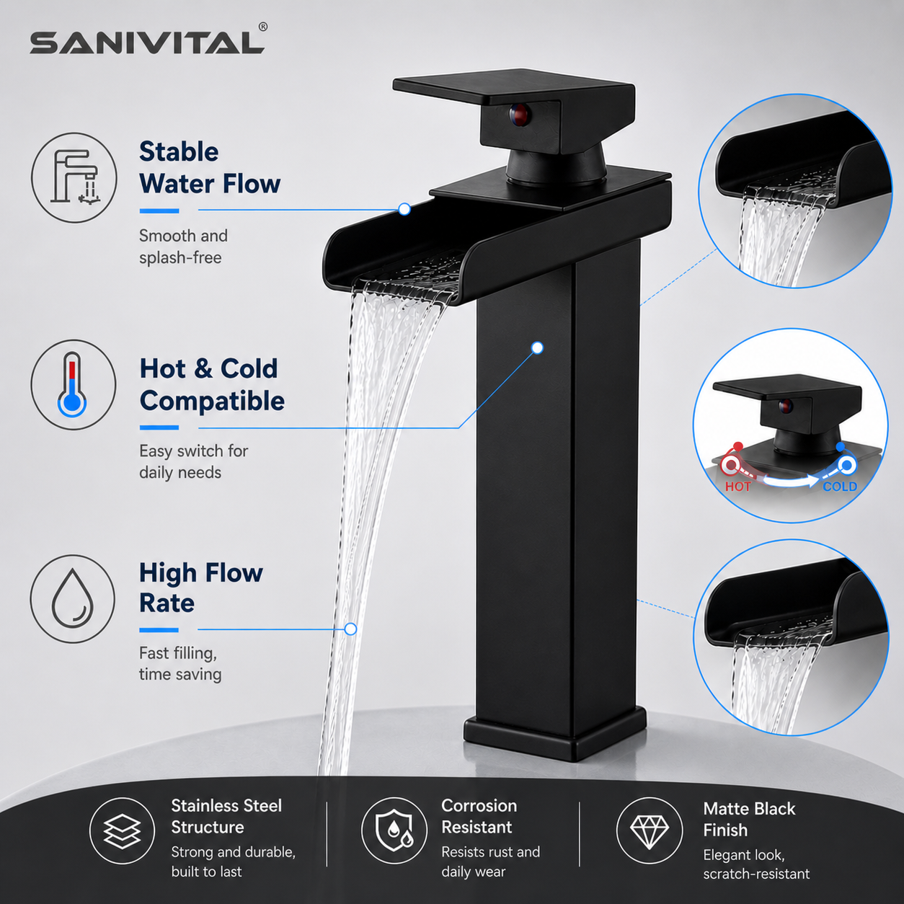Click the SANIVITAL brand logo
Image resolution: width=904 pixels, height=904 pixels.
tap(147, 43)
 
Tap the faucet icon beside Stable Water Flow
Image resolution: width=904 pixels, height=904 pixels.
tap(74, 177)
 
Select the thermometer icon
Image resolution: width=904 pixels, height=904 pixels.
tap(73, 384)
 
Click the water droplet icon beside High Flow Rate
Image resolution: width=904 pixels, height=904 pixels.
tap(72, 598)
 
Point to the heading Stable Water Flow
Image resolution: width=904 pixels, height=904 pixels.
tap(210, 167)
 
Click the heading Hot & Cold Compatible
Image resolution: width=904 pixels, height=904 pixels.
tap(212, 385)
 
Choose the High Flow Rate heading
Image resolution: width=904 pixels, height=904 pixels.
tap(201, 588)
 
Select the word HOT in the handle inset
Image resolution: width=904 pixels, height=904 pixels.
tap(737, 487)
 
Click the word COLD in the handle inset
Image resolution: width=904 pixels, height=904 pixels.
tap(840, 487)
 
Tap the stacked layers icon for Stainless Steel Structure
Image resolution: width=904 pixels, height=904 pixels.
tap(122, 831)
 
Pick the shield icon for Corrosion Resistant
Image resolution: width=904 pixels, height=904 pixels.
tap(394, 830)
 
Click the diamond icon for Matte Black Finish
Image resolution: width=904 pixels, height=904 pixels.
tap(650, 830)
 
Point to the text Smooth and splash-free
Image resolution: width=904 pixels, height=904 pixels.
tap(183, 247)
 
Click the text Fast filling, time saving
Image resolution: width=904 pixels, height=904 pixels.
tap(180, 663)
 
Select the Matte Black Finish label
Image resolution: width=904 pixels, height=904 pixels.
tap(749, 819)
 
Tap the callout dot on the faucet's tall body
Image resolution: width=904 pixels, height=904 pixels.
tap(538, 347)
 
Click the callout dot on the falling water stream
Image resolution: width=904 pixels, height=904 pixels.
tap(350, 629)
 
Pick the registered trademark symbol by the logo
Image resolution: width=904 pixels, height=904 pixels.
tap(263, 27)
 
